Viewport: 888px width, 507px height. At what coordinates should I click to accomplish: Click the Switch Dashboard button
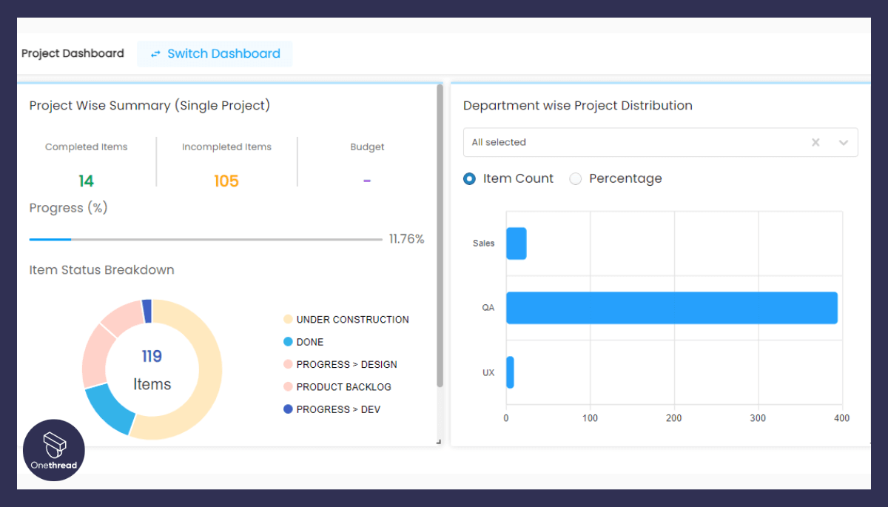coord(215,54)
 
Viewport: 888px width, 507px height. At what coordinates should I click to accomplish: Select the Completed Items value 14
coord(87,181)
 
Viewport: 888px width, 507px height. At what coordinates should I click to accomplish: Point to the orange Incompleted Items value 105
coord(226,181)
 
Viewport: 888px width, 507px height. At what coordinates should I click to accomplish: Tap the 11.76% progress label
coord(406,239)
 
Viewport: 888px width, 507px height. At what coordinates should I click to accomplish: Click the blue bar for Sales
coord(516,244)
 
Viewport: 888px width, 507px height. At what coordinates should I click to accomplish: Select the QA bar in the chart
coord(671,308)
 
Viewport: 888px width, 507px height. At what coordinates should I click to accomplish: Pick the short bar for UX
coord(510,372)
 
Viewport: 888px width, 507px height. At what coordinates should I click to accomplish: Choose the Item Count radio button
coord(470,179)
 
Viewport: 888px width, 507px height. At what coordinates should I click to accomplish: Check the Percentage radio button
coord(576,179)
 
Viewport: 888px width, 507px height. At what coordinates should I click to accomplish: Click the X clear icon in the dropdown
coord(815,143)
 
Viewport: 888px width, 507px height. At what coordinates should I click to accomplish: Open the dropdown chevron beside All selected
coord(844,143)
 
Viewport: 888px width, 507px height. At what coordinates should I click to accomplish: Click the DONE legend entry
coord(309,342)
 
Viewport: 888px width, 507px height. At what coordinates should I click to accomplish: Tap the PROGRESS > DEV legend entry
coord(337,409)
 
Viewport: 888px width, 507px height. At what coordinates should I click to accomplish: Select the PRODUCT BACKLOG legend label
coord(343,387)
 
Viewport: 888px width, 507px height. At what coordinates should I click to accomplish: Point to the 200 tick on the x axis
coord(673,418)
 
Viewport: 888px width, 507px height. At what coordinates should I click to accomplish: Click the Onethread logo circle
coord(54,450)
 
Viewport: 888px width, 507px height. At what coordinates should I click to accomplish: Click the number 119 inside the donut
coord(152,357)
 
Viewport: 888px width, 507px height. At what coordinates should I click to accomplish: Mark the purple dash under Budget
coord(367,181)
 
